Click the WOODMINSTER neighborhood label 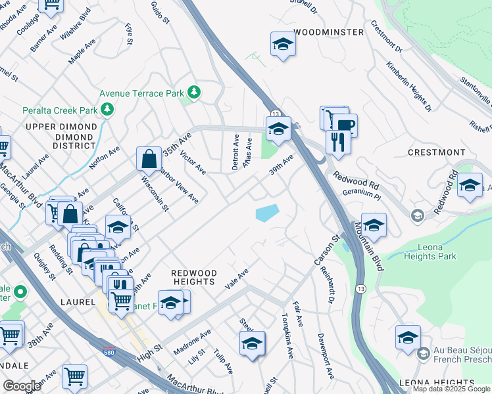[328, 32]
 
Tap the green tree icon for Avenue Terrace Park [193, 91]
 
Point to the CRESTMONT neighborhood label [436, 152]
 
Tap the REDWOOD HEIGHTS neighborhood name [194, 276]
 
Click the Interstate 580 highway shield [109, 353]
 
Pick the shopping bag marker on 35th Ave [149, 158]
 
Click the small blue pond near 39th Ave [266, 213]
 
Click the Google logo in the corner [22, 386]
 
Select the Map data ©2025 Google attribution [452, 389]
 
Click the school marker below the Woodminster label [283, 45]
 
